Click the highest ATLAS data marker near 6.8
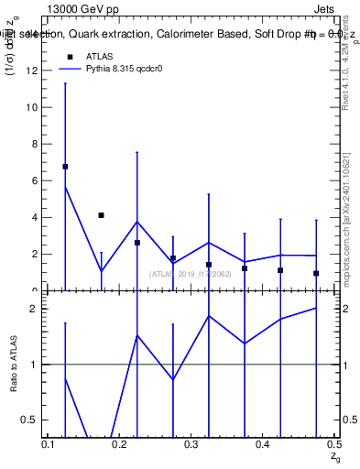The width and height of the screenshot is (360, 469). pos(65,167)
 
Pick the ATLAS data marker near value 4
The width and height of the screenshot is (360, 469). pos(101,215)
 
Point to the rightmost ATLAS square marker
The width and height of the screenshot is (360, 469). pos(316,273)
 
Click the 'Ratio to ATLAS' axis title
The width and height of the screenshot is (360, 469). pos(14,365)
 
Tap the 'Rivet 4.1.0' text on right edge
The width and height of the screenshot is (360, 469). pos(346,87)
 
